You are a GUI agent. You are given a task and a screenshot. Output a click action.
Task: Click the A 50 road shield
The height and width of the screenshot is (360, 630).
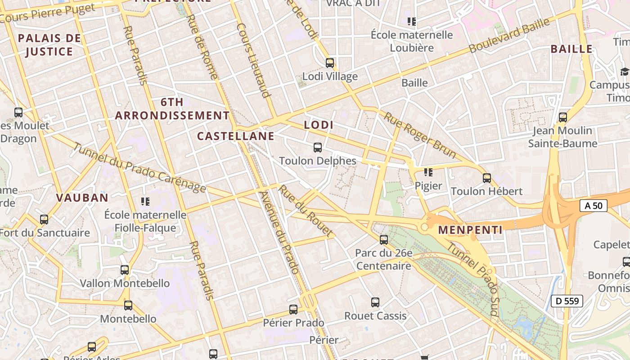click(x=594, y=206)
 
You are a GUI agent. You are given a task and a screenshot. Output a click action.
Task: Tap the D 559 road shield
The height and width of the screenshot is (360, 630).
click(x=567, y=301)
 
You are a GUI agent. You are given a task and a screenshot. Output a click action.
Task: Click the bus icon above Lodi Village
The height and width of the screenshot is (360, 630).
click(x=330, y=63)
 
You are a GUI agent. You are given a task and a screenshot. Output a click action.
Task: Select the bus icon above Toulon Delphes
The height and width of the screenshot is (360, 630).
click(x=318, y=147)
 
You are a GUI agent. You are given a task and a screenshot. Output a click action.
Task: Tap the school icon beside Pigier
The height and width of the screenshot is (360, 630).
click(x=428, y=172)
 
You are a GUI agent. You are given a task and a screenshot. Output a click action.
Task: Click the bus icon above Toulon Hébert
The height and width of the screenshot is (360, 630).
click(x=486, y=178)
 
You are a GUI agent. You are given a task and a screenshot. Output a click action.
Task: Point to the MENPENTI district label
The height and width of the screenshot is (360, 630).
click(x=470, y=230)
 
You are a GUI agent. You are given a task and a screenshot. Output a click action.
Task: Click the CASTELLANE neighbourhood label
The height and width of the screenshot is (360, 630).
click(x=236, y=136)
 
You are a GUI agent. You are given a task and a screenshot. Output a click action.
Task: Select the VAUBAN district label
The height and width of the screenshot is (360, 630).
click(x=82, y=197)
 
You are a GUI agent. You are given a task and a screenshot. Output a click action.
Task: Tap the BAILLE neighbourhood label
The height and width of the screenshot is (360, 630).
click(x=571, y=49)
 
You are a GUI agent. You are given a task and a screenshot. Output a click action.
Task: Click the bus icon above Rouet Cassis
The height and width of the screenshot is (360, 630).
click(x=375, y=302)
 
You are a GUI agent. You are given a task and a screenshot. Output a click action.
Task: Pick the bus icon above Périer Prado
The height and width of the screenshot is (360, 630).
click(x=293, y=309)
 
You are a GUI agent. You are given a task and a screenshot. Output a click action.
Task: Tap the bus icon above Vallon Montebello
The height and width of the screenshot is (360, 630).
click(x=125, y=270)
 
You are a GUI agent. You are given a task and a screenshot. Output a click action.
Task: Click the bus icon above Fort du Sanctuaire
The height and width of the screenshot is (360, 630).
click(x=44, y=220)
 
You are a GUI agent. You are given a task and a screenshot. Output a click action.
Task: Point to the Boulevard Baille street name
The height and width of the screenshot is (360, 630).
click(x=509, y=35)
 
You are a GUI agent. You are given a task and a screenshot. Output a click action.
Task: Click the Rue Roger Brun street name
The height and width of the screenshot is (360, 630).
click(x=419, y=135)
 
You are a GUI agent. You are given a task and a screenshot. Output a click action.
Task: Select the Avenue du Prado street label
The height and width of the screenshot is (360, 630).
click(x=279, y=233)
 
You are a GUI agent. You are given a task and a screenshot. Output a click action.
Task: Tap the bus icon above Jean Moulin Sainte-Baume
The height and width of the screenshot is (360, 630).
click(x=562, y=117)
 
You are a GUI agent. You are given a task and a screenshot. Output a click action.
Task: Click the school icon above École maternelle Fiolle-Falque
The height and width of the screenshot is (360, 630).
click(x=145, y=201)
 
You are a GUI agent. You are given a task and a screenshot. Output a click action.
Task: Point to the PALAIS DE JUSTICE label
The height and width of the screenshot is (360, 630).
click(x=49, y=45)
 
